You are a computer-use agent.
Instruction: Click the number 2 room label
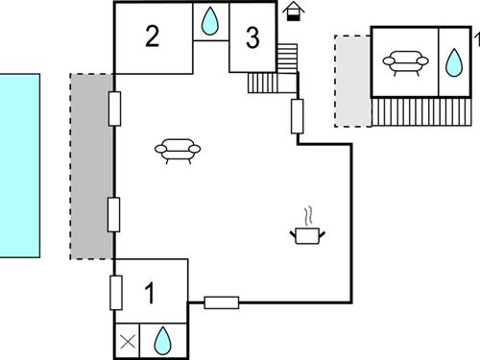click(152, 37)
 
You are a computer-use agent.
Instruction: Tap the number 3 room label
click(252, 38)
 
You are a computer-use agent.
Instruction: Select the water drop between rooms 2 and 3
click(211, 20)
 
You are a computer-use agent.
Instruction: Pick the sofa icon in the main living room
click(180, 150)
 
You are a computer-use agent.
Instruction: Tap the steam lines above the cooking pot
click(308, 214)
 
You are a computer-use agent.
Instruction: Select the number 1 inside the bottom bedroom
click(150, 292)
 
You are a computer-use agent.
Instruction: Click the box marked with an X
click(128, 339)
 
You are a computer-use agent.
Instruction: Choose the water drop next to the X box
click(163, 339)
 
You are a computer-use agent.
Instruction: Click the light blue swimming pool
click(19, 165)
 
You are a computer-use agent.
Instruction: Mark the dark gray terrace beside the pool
click(92, 166)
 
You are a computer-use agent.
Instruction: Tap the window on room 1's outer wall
click(116, 290)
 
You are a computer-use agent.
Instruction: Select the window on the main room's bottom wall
click(222, 302)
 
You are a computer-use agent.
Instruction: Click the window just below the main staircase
click(298, 116)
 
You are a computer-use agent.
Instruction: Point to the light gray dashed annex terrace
click(352, 81)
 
